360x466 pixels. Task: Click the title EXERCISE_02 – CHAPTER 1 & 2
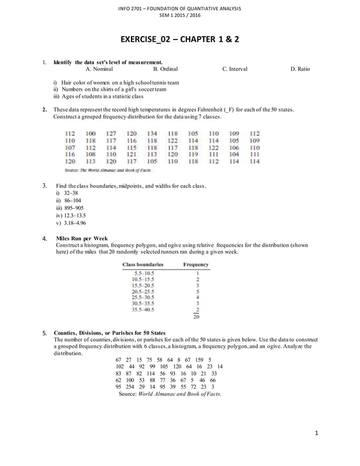(x=179, y=41)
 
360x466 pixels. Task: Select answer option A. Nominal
(x=99, y=69)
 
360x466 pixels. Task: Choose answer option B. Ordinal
(x=165, y=69)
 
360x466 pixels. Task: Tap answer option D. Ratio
(x=300, y=69)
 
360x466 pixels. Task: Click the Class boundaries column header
(x=143, y=264)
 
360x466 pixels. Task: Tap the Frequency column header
(x=196, y=264)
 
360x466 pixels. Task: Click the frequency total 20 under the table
(x=196, y=316)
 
